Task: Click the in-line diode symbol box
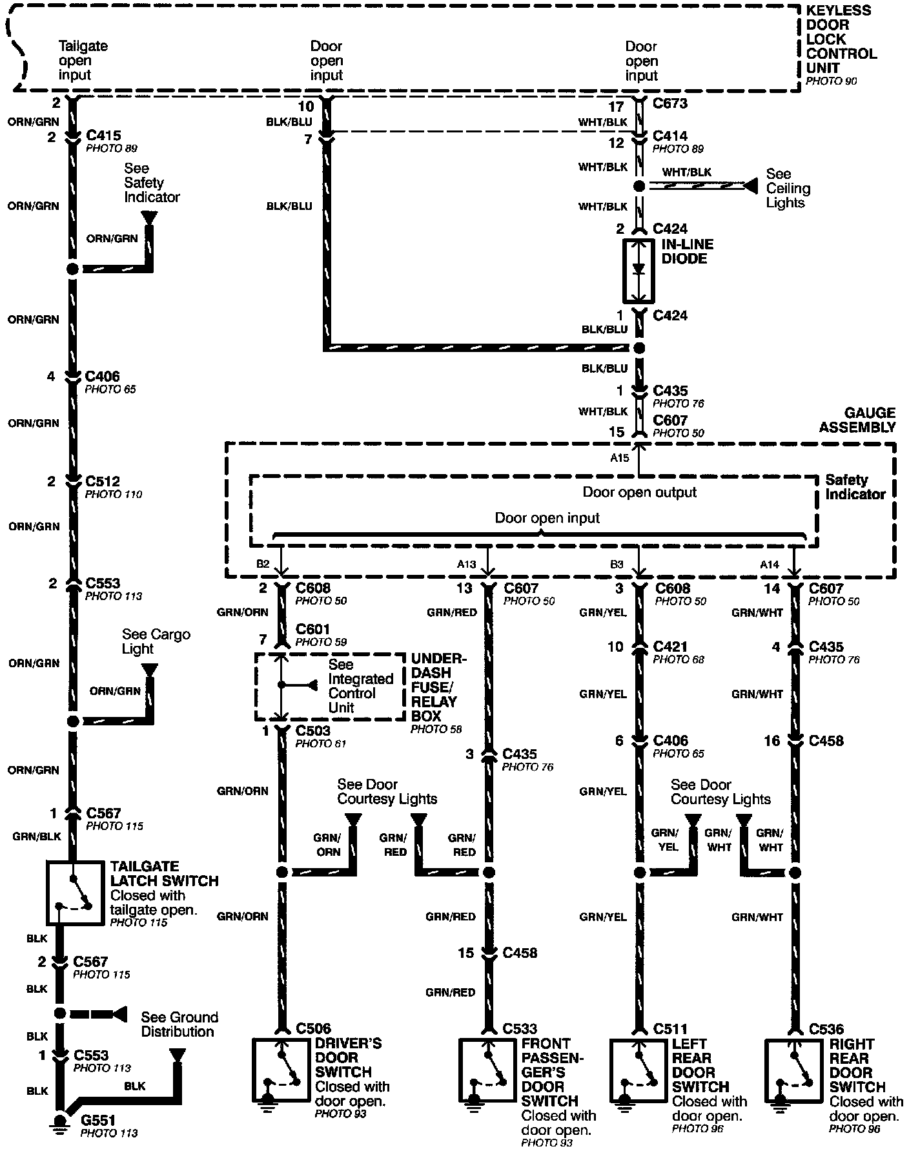(x=638, y=271)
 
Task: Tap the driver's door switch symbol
(x=281, y=1070)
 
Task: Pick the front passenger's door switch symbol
(x=488, y=1070)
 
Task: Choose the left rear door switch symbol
(x=640, y=1070)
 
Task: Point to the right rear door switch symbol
(x=794, y=1070)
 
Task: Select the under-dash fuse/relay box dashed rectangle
(x=331, y=687)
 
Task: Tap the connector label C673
(x=670, y=103)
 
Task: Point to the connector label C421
(x=670, y=647)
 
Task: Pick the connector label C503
(x=313, y=731)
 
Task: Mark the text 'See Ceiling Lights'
(x=788, y=188)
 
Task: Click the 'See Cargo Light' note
(x=156, y=641)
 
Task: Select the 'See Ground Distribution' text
(x=179, y=1024)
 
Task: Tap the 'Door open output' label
(x=639, y=492)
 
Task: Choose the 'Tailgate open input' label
(x=83, y=61)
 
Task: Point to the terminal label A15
(x=619, y=457)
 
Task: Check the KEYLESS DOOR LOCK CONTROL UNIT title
(x=841, y=39)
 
